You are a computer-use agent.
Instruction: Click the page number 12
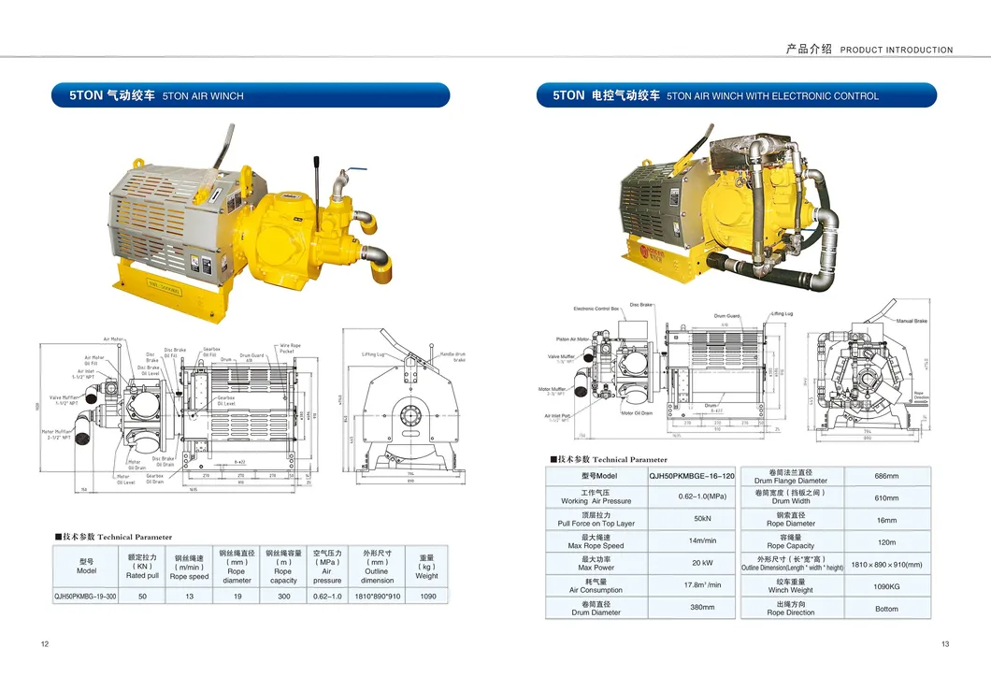point(45,643)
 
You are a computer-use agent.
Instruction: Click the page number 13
point(945,643)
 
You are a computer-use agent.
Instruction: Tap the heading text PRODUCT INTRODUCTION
point(896,50)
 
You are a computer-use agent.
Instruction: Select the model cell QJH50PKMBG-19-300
point(86,596)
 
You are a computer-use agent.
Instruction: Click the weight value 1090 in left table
point(427,596)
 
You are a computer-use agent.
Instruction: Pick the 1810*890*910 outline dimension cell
point(377,596)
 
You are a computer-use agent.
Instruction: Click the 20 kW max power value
point(702,563)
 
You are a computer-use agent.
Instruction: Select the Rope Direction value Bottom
point(885,609)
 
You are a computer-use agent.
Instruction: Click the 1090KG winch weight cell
point(885,586)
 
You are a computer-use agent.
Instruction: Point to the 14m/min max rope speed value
point(702,540)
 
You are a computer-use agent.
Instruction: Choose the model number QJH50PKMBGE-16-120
point(692,476)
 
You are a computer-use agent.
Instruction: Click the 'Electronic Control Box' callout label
point(596,309)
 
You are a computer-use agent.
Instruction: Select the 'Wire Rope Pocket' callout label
point(290,348)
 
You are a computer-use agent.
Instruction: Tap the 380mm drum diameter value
point(702,608)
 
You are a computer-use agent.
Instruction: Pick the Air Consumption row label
point(596,585)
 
